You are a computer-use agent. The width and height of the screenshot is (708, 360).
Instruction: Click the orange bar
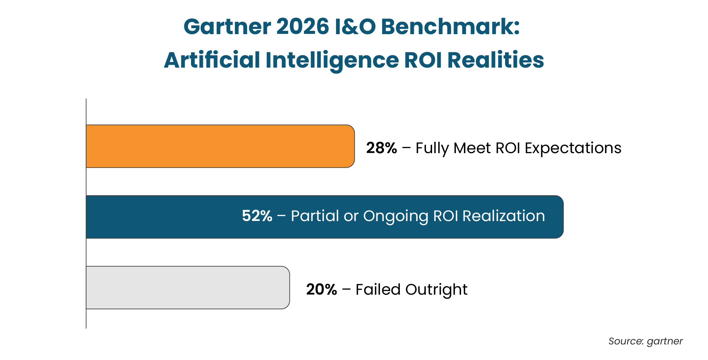coord(220,146)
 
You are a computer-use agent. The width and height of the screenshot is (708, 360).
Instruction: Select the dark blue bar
coord(325,217)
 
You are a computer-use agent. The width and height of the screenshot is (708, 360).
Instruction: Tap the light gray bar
coord(188,287)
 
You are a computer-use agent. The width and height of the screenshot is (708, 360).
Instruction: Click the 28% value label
coord(381,148)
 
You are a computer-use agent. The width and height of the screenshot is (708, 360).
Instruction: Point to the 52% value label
coord(257,216)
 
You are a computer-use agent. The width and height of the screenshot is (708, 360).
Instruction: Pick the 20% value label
coord(321,289)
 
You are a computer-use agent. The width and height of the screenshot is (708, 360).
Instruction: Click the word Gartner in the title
coord(227,27)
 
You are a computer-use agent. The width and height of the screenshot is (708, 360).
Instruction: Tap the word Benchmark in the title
coord(449,27)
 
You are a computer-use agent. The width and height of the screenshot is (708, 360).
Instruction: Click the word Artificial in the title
coord(212,60)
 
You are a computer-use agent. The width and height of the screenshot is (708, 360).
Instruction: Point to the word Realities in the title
coord(495,60)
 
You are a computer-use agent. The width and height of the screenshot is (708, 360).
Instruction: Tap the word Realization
coord(503,216)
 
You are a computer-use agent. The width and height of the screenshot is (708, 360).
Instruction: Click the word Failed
coord(378,289)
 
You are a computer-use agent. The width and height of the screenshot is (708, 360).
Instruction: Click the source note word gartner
coord(665,341)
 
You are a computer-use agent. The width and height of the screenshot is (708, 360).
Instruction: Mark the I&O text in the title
coord(355,27)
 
